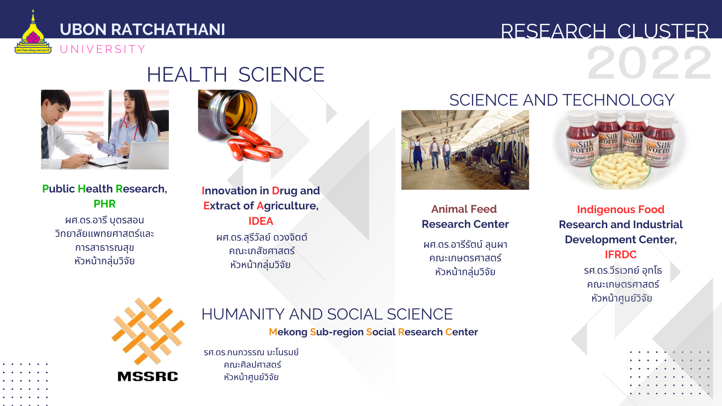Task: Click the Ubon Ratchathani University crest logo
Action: (x=33, y=32)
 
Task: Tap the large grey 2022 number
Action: (x=649, y=63)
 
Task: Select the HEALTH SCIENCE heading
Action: (x=235, y=74)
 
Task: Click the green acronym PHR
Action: (x=105, y=204)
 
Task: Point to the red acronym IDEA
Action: (x=261, y=221)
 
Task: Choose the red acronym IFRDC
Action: (x=620, y=255)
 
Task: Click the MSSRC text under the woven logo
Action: (x=147, y=376)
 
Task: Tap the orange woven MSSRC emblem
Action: (x=148, y=331)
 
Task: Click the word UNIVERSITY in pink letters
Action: (x=103, y=49)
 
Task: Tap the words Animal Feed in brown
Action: (x=464, y=209)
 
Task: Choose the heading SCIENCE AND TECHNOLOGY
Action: (x=562, y=100)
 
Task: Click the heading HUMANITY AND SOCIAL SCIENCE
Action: (x=327, y=314)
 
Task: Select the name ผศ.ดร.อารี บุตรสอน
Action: (x=105, y=220)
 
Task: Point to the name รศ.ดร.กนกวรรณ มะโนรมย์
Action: (x=251, y=352)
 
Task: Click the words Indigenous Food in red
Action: (x=620, y=209)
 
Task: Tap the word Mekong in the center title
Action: (x=288, y=332)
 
